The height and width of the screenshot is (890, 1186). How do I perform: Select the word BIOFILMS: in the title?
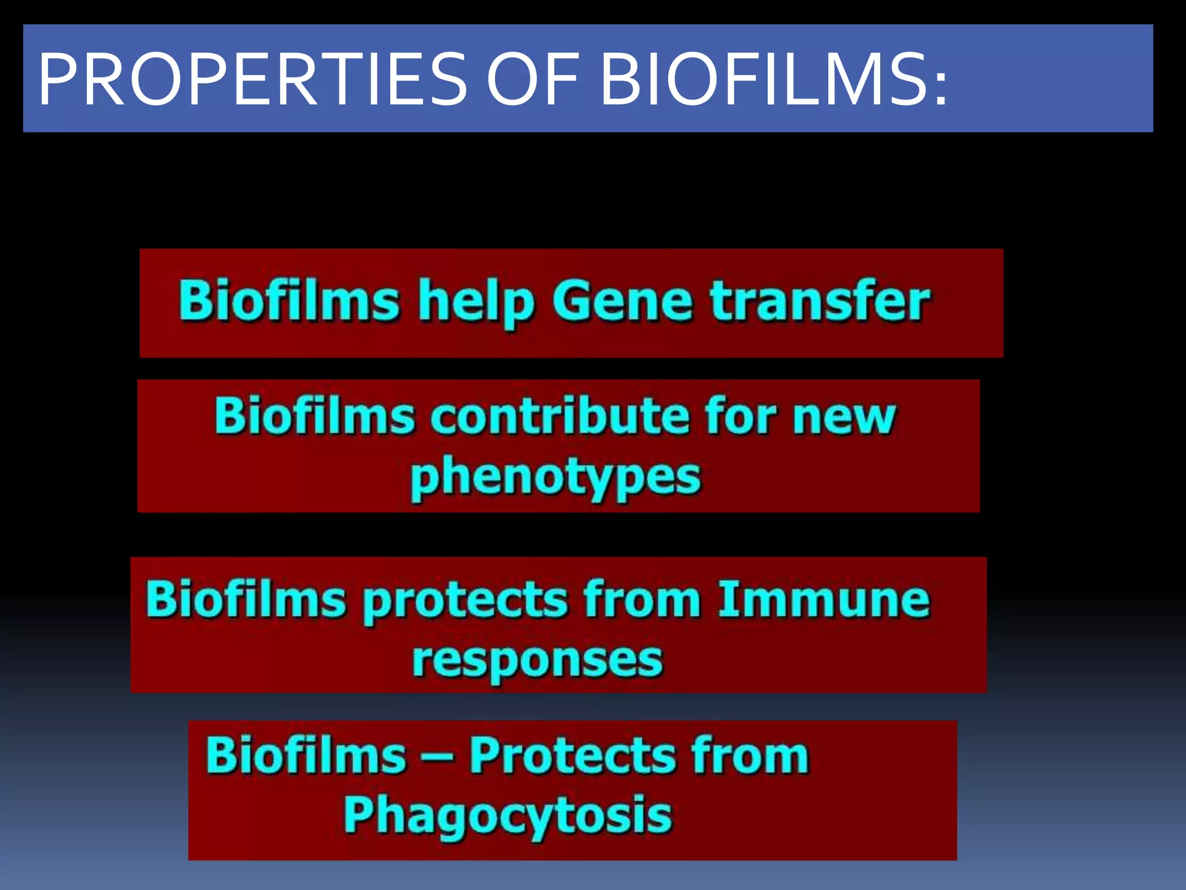click(x=773, y=80)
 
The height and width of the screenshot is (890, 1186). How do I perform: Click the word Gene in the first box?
click(x=623, y=301)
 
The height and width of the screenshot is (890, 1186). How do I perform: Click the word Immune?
click(x=823, y=599)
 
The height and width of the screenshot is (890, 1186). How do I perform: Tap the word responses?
click(x=537, y=661)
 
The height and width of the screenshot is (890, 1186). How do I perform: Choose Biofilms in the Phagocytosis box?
click(x=306, y=756)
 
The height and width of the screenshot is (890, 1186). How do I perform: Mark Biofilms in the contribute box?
click(x=315, y=416)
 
